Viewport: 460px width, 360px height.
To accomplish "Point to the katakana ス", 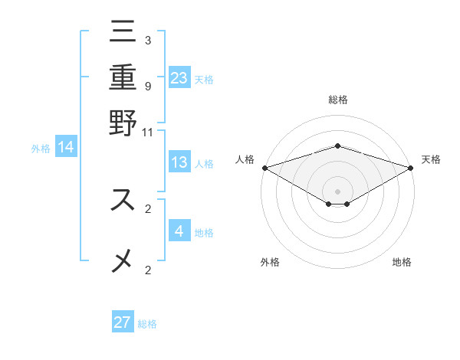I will tap(123, 200).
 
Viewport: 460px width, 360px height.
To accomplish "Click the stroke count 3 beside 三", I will tap(147, 41).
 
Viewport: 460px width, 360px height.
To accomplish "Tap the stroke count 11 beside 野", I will tap(148, 131).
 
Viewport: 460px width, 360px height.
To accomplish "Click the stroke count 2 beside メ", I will tap(147, 270).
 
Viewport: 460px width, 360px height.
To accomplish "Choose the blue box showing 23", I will tap(179, 77).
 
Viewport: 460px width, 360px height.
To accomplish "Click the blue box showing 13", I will tap(179, 162).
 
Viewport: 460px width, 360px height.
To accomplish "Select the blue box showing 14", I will tap(66, 148).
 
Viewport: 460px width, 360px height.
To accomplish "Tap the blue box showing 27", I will tap(123, 322).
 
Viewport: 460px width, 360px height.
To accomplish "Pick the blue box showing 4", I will tap(179, 231).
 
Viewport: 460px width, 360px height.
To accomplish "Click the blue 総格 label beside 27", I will tap(147, 324).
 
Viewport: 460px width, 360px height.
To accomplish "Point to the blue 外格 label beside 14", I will tap(41, 149).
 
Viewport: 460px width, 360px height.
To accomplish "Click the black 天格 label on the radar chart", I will tap(431, 159).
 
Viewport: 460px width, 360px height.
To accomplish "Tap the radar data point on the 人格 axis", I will tap(264, 167).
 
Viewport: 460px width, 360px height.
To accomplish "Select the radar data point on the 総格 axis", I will tap(337, 146).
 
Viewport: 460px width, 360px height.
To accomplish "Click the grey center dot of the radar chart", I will tap(337, 191).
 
